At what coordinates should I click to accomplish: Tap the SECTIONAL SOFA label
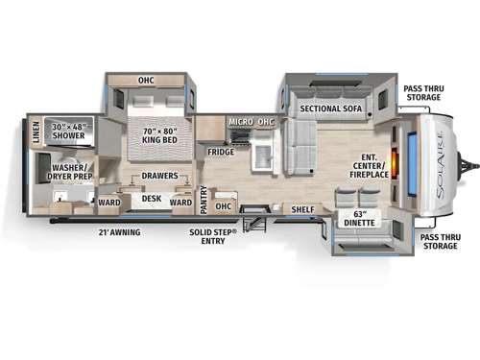pos(330,108)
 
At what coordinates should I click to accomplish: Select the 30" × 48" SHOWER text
pos(69,132)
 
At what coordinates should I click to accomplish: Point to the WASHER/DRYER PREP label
pos(63,172)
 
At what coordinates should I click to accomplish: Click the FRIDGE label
pos(221,151)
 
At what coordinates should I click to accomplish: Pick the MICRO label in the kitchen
pos(240,122)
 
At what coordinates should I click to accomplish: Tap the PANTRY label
pos(204,199)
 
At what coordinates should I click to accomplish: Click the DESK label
pos(151,200)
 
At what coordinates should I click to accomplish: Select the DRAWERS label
pos(159,177)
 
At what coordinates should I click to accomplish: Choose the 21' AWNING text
pos(119,230)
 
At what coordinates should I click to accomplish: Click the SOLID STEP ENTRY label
pos(223,235)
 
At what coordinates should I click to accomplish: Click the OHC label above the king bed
pos(146,81)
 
